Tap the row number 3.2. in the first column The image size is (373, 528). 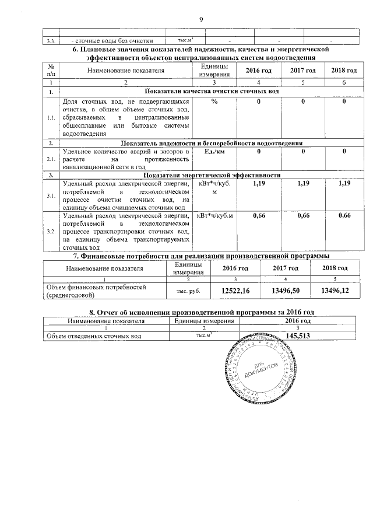coord(51,232)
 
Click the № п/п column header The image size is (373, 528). coord(51,70)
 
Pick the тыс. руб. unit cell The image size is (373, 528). coord(187,291)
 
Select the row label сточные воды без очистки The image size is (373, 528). coord(111,41)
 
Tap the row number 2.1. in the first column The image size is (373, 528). coord(51,158)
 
